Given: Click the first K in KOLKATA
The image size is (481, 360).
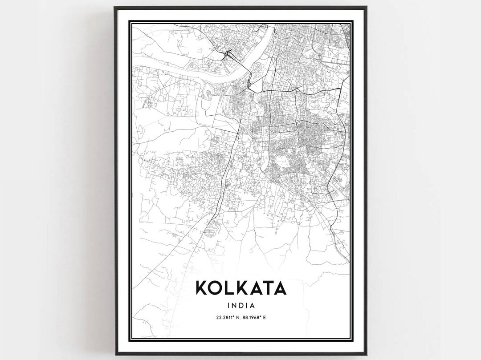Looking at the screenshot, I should tap(201, 288).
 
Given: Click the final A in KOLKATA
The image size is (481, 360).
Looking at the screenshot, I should tap(280, 288).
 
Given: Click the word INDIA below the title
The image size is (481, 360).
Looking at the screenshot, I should tap(240, 306).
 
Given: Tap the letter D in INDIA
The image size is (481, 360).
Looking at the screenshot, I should tap(241, 306).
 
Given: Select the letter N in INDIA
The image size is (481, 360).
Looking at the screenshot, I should tap(234, 306).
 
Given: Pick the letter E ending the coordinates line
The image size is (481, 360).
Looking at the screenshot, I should tap(265, 317).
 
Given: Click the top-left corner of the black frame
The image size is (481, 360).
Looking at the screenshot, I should tap(114, 7).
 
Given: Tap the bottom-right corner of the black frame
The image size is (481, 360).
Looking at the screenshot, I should tap(366, 354).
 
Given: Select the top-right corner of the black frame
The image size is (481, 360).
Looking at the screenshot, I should tap(366, 7).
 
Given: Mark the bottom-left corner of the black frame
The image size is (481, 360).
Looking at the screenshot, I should tap(114, 354).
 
